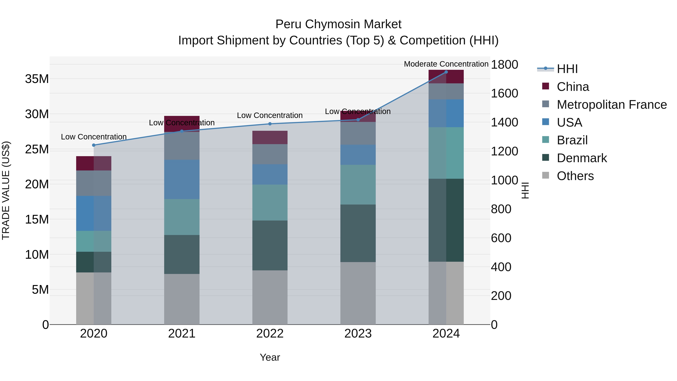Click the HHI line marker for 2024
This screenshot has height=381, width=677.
pyautogui.click(x=446, y=72)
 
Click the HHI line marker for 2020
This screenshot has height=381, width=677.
pyautogui.click(x=94, y=145)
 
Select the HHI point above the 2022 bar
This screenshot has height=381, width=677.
pyautogui.click(x=270, y=124)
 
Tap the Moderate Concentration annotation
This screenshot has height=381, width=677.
pyautogui.click(x=446, y=64)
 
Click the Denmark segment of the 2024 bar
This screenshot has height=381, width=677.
pyautogui.click(x=446, y=220)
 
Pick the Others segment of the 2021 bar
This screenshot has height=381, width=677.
pyautogui.click(x=182, y=299)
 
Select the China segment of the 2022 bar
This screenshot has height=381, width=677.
pyautogui.click(x=270, y=137)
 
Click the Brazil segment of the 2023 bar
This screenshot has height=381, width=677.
pyautogui.click(x=358, y=185)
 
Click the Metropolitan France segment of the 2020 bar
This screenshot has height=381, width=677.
pyautogui.click(x=94, y=183)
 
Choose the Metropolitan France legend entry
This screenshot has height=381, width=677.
pyautogui.click(x=612, y=105)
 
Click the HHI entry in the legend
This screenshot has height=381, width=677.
pyautogui.click(x=567, y=69)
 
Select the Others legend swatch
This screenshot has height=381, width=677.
pyautogui.click(x=546, y=175)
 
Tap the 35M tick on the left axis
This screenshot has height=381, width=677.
pyautogui.click(x=37, y=79)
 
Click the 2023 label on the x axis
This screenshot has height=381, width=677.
pyautogui.click(x=358, y=334)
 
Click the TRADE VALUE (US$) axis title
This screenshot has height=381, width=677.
pyautogui.click(x=6, y=190)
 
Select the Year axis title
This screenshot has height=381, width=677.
pyautogui.click(x=270, y=357)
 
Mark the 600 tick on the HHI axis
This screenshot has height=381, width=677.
pyautogui.click(x=501, y=238)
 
